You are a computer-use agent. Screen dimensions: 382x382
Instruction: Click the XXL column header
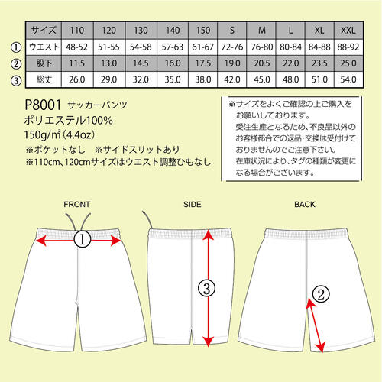pyautogui.click(x=348, y=31)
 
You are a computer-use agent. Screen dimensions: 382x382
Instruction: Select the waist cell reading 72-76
pyautogui.click(x=232, y=47)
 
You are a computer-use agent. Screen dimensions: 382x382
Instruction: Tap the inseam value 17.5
pyautogui.click(x=203, y=63)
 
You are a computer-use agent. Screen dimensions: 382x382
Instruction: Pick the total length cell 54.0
pyautogui.click(x=348, y=79)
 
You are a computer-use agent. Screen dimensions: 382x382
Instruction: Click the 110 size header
pyautogui.click(x=77, y=31)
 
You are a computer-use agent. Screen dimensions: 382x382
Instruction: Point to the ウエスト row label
pyautogui.click(x=44, y=47)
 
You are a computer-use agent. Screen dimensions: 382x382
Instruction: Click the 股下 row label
pyautogui.click(x=44, y=63)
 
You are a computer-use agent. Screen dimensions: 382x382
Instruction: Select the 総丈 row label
pyautogui.click(x=44, y=79)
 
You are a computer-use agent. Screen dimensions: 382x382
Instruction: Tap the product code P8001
pyautogui.click(x=43, y=105)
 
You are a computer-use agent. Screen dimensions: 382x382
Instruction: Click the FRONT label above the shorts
pyautogui.click(x=77, y=204)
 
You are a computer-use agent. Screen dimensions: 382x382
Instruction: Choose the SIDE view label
pyautogui.click(x=193, y=204)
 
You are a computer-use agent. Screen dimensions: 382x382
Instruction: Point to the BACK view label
pyautogui.click(x=305, y=204)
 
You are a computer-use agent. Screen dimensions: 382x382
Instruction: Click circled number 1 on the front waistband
pyautogui.click(x=83, y=239)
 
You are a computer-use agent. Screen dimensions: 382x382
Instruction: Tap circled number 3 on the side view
pyautogui.click(x=207, y=289)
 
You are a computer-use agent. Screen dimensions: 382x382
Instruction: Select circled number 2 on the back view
pyautogui.click(x=321, y=294)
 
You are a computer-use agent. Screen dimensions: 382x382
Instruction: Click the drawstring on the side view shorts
pyautogui.click(x=147, y=219)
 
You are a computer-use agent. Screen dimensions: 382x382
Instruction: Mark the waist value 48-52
pyautogui.click(x=77, y=47)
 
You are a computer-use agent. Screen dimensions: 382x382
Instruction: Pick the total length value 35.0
pyautogui.click(x=173, y=79)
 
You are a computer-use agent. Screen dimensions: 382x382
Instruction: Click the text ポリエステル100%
pyautogui.click(x=68, y=121)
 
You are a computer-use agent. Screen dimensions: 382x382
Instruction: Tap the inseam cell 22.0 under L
pyautogui.click(x=290, y=63)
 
